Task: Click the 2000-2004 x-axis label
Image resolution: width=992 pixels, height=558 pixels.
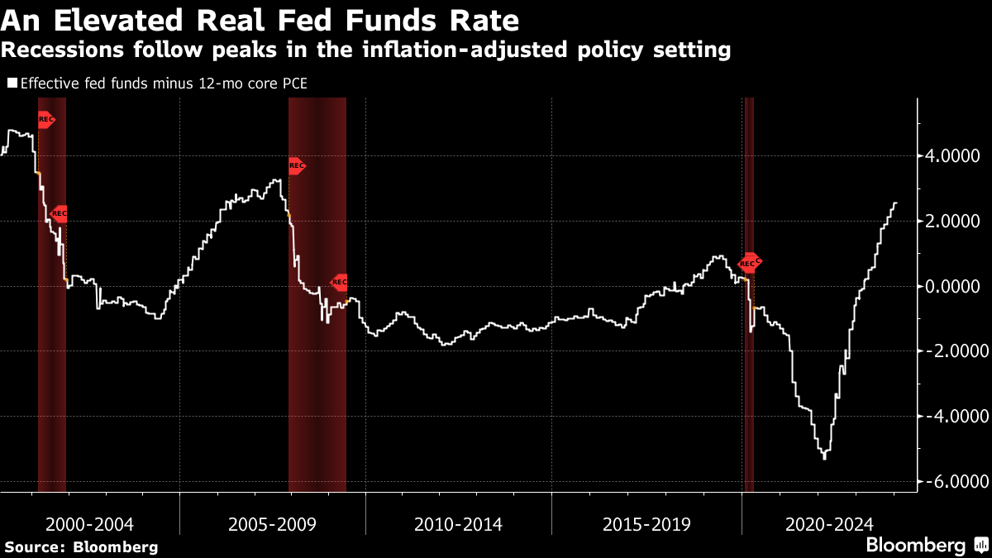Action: tap(89, 524)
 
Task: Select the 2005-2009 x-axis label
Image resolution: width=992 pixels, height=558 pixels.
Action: tap(273, 524)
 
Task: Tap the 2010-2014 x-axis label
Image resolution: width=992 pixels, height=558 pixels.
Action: tap(459, 524)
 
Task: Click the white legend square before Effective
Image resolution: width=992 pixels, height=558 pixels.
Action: tap(12, 83)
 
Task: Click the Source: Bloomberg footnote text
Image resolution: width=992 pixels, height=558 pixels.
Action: tap(81, 547)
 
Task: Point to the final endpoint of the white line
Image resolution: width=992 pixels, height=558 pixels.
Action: tap(898, 203)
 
